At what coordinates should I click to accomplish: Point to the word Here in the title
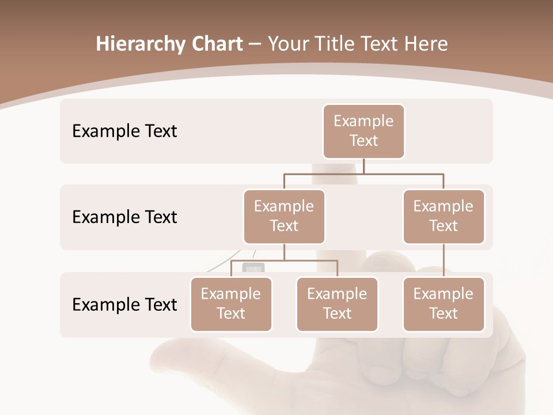click(426, 44)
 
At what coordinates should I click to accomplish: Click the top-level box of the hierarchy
click(363, 131)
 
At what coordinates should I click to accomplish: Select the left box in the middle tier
click(284, 217)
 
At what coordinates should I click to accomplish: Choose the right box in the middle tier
click(444, 217)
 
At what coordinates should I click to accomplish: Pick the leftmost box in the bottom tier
click(231, 304)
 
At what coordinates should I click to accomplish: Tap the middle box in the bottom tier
click(337, 304)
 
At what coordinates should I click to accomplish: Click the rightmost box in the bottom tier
click(444, 304)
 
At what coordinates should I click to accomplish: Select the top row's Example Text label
click(124, 131)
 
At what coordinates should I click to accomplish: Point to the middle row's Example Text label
click(124, 217)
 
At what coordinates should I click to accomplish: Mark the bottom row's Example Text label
click(124, 305)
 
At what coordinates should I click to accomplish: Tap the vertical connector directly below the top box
click(363, 166)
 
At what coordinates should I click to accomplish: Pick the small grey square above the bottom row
click(253, 268)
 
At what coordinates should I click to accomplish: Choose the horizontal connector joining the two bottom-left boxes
click(284, 261)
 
